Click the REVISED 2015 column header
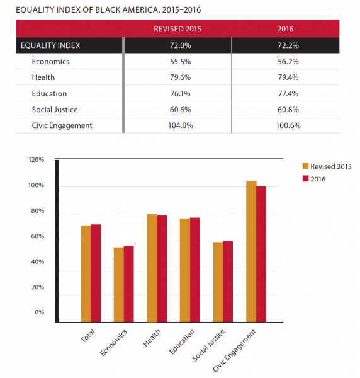(177, 29)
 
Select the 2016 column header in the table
(285, 29)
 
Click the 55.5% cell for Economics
(177, 62)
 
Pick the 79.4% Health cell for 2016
(285, 77)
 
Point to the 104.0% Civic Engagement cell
(177, 125)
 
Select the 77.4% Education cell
(285, 93)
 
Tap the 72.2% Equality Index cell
(285, 45)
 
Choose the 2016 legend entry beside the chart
(318, 179)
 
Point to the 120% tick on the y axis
(36, 160)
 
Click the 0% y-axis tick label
(39, 312)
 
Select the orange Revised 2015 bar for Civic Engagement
(251, 251)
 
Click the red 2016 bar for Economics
(129, 283)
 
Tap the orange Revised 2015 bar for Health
(152, 268)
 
